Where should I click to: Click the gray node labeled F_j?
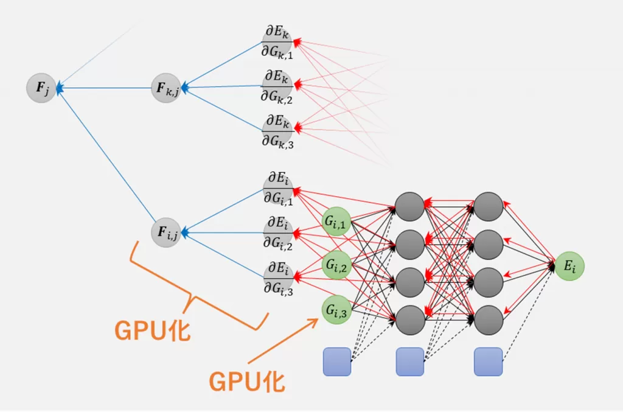(41, 88)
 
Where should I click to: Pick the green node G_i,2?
(336, 265)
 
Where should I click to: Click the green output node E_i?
(569, 265)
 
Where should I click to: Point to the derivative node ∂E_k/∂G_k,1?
(277, 43)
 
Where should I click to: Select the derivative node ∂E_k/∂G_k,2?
(277, 86)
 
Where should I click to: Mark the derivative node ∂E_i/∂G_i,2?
(277, 232)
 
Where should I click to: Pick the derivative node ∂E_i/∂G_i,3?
(277, 278)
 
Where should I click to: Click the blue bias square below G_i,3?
(336, 361)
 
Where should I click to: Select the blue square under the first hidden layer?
(409, 361)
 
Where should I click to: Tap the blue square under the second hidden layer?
(488, 361)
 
